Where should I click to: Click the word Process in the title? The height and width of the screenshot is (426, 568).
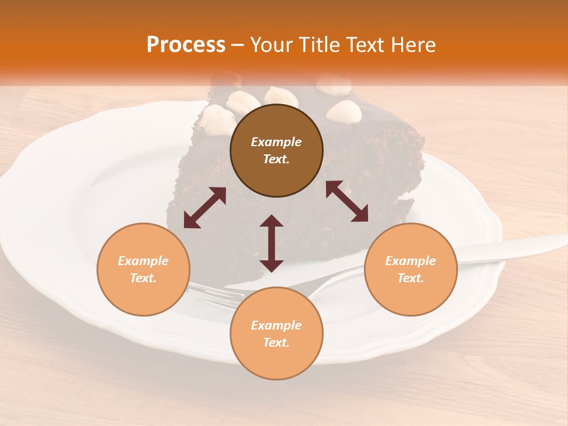[x=186, y=45]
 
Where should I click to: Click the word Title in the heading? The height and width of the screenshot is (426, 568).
[x=315, y=45]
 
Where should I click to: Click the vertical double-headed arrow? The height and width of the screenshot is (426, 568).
[x=272, y=243]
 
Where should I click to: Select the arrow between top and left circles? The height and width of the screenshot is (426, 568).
[x=205, y=207]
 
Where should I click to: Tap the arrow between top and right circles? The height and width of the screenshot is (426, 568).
[x=347, y=201]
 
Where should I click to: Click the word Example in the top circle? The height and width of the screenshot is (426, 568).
[x=276, y=142]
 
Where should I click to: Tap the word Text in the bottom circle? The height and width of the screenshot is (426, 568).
[x=276, y=343]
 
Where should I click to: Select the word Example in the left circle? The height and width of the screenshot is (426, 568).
[x=143, y=261]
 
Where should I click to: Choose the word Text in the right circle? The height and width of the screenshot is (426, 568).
[x=411, y=278]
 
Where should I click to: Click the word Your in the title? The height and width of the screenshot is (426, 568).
[x=272, y=45]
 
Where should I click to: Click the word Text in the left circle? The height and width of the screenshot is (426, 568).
[x=143, y=278]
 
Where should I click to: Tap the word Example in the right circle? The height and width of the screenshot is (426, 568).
[x=411, y=261]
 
